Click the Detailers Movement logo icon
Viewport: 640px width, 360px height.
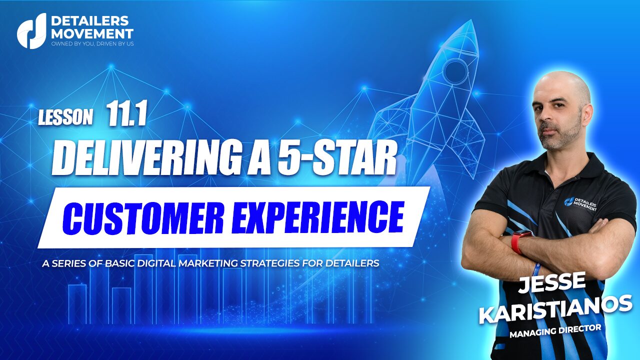[31, 31]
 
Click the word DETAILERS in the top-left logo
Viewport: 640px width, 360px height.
[89, 21]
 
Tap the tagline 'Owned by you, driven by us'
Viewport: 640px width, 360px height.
[92, 44]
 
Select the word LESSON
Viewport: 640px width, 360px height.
[65, 117]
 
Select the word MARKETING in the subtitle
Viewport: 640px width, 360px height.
[208, 263]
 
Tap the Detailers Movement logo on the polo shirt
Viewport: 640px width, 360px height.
[580, 203]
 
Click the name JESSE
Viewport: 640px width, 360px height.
[551, 282]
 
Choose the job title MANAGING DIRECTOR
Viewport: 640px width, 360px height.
[555, 331]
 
